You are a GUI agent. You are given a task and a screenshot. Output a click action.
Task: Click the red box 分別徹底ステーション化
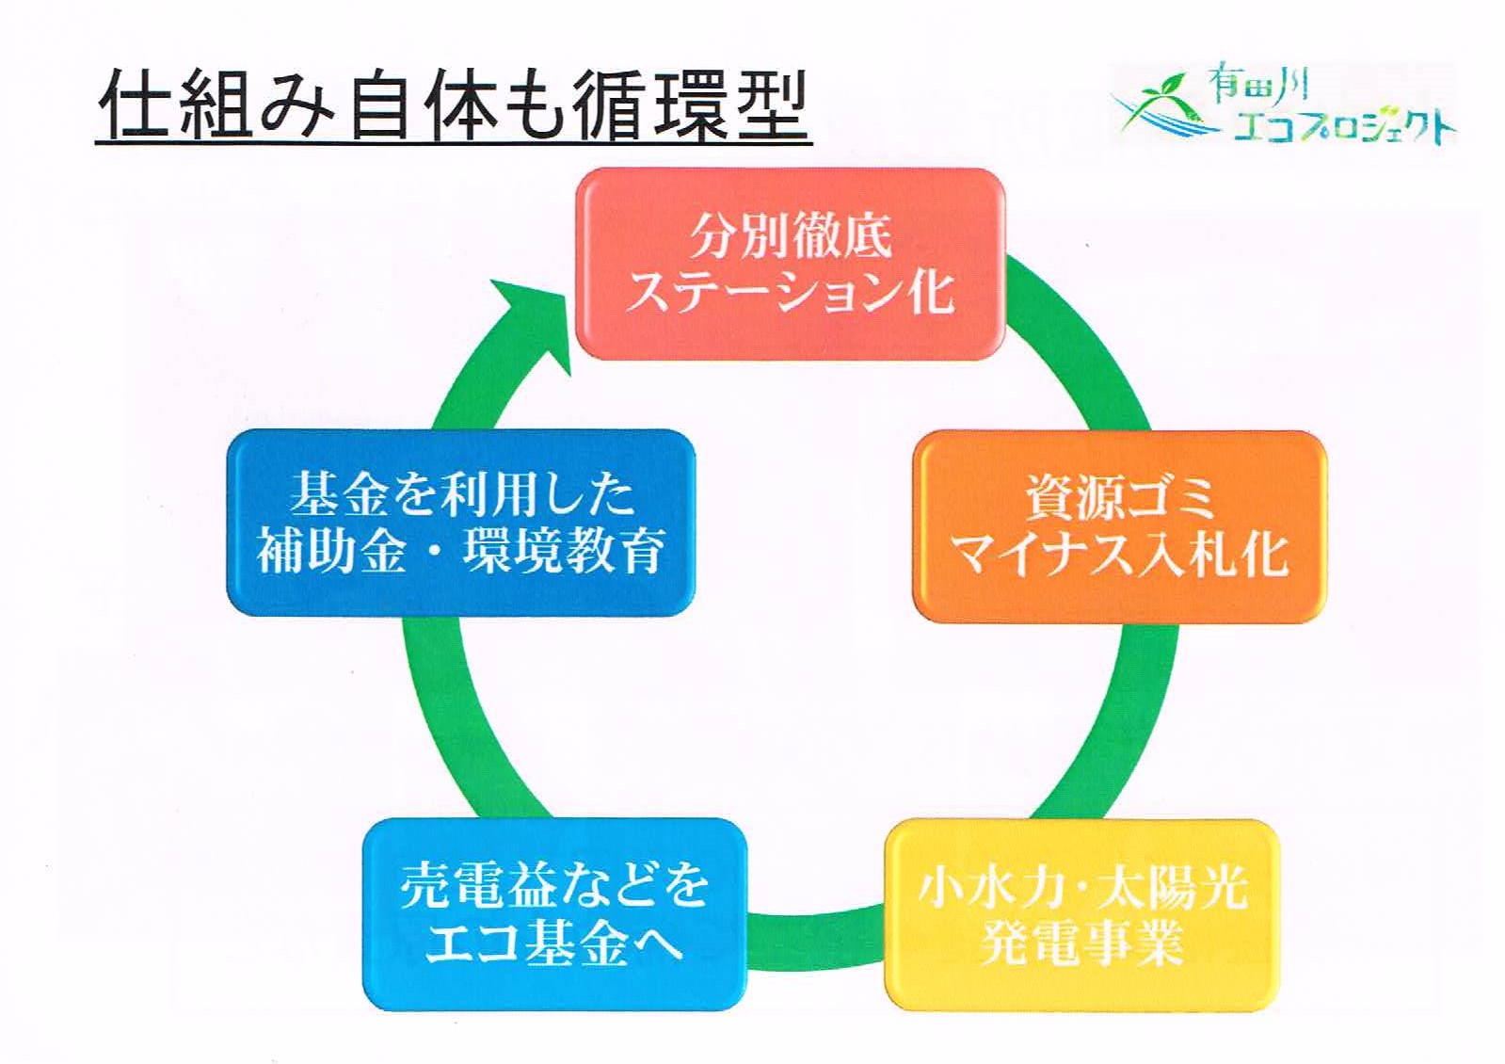[790, 264]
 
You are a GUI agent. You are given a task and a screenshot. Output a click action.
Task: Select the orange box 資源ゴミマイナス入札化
[1118, 525]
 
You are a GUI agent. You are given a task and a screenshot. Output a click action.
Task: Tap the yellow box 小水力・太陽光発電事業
[1081, 914]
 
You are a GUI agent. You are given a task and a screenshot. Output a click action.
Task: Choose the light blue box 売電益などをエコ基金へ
[553, 912]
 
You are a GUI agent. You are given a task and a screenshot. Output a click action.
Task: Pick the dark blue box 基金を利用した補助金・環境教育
[460, 523]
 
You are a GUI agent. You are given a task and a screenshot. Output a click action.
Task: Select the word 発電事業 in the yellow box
[1081, 942]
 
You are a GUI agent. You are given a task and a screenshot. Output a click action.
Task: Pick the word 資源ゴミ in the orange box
[1120, 497]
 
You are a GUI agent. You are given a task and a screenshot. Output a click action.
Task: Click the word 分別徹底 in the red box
[791, 235]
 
